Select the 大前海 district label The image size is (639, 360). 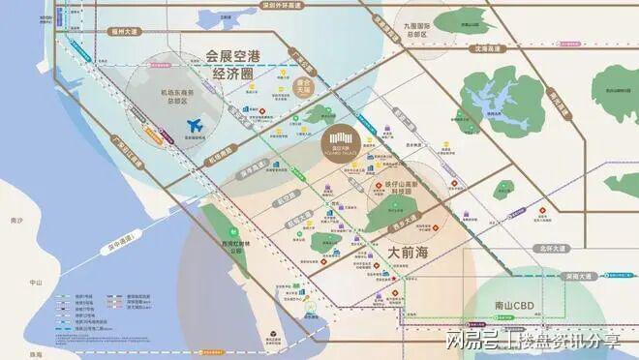point(414,251)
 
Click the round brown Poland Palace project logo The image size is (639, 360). point(341,145)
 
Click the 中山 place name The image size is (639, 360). point(37,283)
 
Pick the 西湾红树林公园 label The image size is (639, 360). point(228,246)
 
